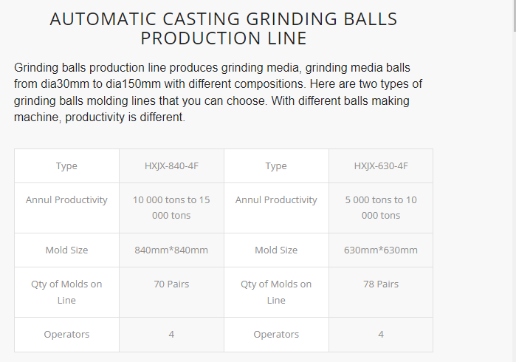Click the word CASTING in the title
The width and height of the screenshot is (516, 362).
(201, 18)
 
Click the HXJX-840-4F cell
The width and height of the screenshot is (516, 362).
(171, 165)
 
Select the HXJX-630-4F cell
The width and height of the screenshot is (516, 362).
(381, 165)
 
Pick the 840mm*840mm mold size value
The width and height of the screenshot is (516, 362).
(171, 250)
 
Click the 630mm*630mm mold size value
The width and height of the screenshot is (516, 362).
(381, 250)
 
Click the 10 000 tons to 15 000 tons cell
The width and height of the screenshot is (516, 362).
(171, 208)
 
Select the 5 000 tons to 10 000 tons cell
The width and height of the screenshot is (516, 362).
(381, 208)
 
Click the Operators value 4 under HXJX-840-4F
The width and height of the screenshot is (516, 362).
(171, 335)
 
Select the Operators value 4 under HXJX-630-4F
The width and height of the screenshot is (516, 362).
(381, 335)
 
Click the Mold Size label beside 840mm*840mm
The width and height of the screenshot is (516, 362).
(66, 250)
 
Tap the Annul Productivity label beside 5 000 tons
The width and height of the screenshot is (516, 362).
(276, 200)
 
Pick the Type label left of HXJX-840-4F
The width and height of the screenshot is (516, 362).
(66, 166)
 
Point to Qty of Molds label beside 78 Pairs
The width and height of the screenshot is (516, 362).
(276, 292)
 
